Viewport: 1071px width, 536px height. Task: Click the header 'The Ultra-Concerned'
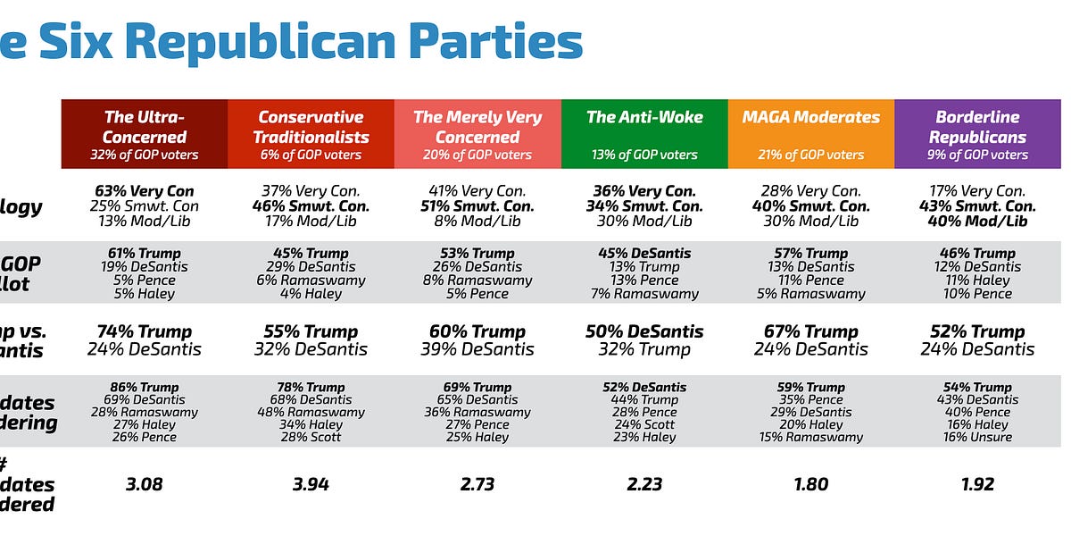tap(144, 127)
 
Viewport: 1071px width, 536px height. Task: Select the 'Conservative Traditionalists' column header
tap(311, 127)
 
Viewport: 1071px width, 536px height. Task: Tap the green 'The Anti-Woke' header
tap(644, 117)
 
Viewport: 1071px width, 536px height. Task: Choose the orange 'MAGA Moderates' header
tap(810, 117)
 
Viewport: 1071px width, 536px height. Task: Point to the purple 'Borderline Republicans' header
tap(977, 127)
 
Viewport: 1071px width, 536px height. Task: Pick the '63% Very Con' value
tap(144, 190)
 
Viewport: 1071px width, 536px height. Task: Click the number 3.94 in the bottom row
tap(311, 484)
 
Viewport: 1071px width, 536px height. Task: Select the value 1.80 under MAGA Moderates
tap(810, 484)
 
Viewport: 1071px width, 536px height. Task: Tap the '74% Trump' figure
tap(144, 331)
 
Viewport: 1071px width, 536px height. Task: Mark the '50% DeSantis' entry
tap(644, 331)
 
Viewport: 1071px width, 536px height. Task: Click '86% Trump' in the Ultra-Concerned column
tap(144, 388)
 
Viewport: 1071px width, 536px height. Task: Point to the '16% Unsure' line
tap(977, 437)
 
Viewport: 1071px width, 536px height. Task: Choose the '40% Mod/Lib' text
tap(977, 221)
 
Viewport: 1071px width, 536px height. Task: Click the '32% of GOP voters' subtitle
tap(144, 155)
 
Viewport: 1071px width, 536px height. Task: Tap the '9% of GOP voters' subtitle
tap(977, 155)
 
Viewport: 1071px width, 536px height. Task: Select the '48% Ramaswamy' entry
tap(311, 412)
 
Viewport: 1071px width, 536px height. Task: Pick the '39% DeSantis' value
tap(477, 349)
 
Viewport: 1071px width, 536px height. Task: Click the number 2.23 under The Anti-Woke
tap(644, 484)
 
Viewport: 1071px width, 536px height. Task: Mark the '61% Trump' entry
tap(144, 254)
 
